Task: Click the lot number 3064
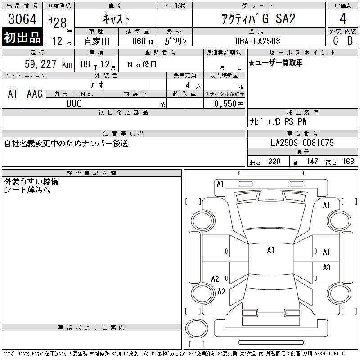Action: coord(22,19)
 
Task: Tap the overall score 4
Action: coord(343,18)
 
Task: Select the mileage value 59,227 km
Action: coord(49,64)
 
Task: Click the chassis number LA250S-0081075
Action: coord(302,143)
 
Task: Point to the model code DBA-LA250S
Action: coord(257,41)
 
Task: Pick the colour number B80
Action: coord(74,103)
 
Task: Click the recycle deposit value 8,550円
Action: coord(229,104)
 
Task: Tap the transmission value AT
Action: coord(13,94)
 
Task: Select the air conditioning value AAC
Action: coord(35,94)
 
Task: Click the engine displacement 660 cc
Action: coord(144,41)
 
